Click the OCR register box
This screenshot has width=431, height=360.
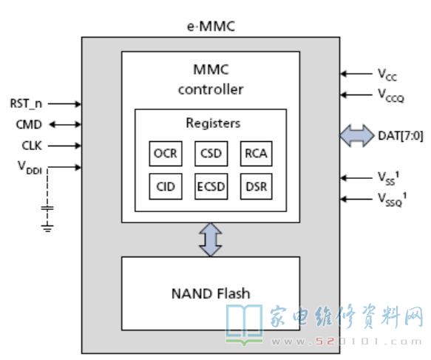click(166, 154)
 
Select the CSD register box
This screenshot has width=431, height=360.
click(211, 154)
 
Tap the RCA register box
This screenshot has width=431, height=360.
click(257, 154)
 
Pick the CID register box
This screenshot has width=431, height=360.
click(166, 186)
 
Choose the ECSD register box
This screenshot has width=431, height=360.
click(211, 186)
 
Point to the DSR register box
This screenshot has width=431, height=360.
click(257, 186)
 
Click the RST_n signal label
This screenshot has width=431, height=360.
click(26, 104)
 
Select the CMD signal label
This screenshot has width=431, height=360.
click(29, 124)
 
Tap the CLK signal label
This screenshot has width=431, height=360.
click(32, 146)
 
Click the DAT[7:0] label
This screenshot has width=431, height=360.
click(401, 136)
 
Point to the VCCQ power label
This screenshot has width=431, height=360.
click(391, 95)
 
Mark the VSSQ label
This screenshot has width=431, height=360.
click(393, 200)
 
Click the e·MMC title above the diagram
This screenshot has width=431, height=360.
click(211, 27)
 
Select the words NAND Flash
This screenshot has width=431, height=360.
click(211, 293)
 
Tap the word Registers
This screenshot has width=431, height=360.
click(213, 123)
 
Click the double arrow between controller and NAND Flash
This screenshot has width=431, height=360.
click(211, 240)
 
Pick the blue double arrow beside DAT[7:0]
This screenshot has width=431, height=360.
click(357, 136)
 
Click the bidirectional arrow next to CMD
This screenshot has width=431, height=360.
click(65, 125)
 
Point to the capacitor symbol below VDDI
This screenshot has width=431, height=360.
click(47, 208)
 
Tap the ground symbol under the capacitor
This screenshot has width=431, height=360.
click(47, 228)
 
